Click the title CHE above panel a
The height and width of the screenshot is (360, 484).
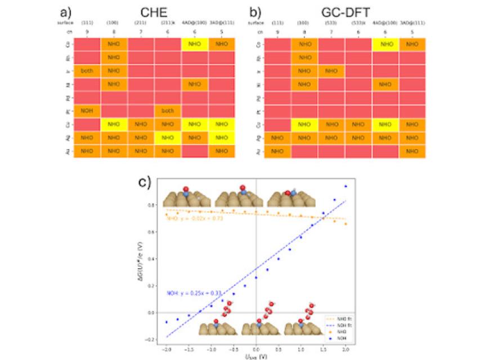pyautogui.click(x=144, y=12)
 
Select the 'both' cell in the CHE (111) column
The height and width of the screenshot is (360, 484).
pyautogui.click(x=87, y=71)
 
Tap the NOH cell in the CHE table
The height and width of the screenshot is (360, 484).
pyautogui.click(x=87, y=111)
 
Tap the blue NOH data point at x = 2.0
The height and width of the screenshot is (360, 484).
pyautogui.click(x=346, y=186)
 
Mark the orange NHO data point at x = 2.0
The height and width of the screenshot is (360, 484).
pyautogui.click(x=346, y=224)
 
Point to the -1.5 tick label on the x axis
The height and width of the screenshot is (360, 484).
pyautogui.click(x=189, y=349)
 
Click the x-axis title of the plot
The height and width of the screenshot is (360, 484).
pyautogui.click(x=256, y=356)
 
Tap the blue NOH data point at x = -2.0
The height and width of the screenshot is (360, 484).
pyautogui.click(x=166, y=322)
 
